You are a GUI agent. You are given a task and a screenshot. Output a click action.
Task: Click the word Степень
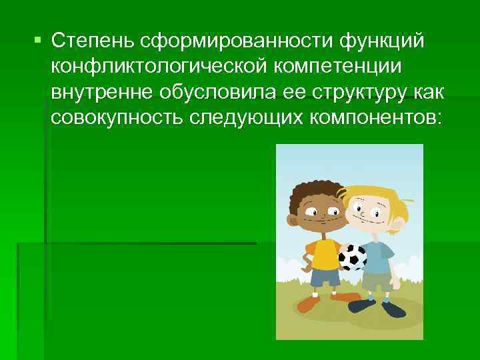coord(93,42)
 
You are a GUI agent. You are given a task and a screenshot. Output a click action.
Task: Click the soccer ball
coord(352,257)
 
